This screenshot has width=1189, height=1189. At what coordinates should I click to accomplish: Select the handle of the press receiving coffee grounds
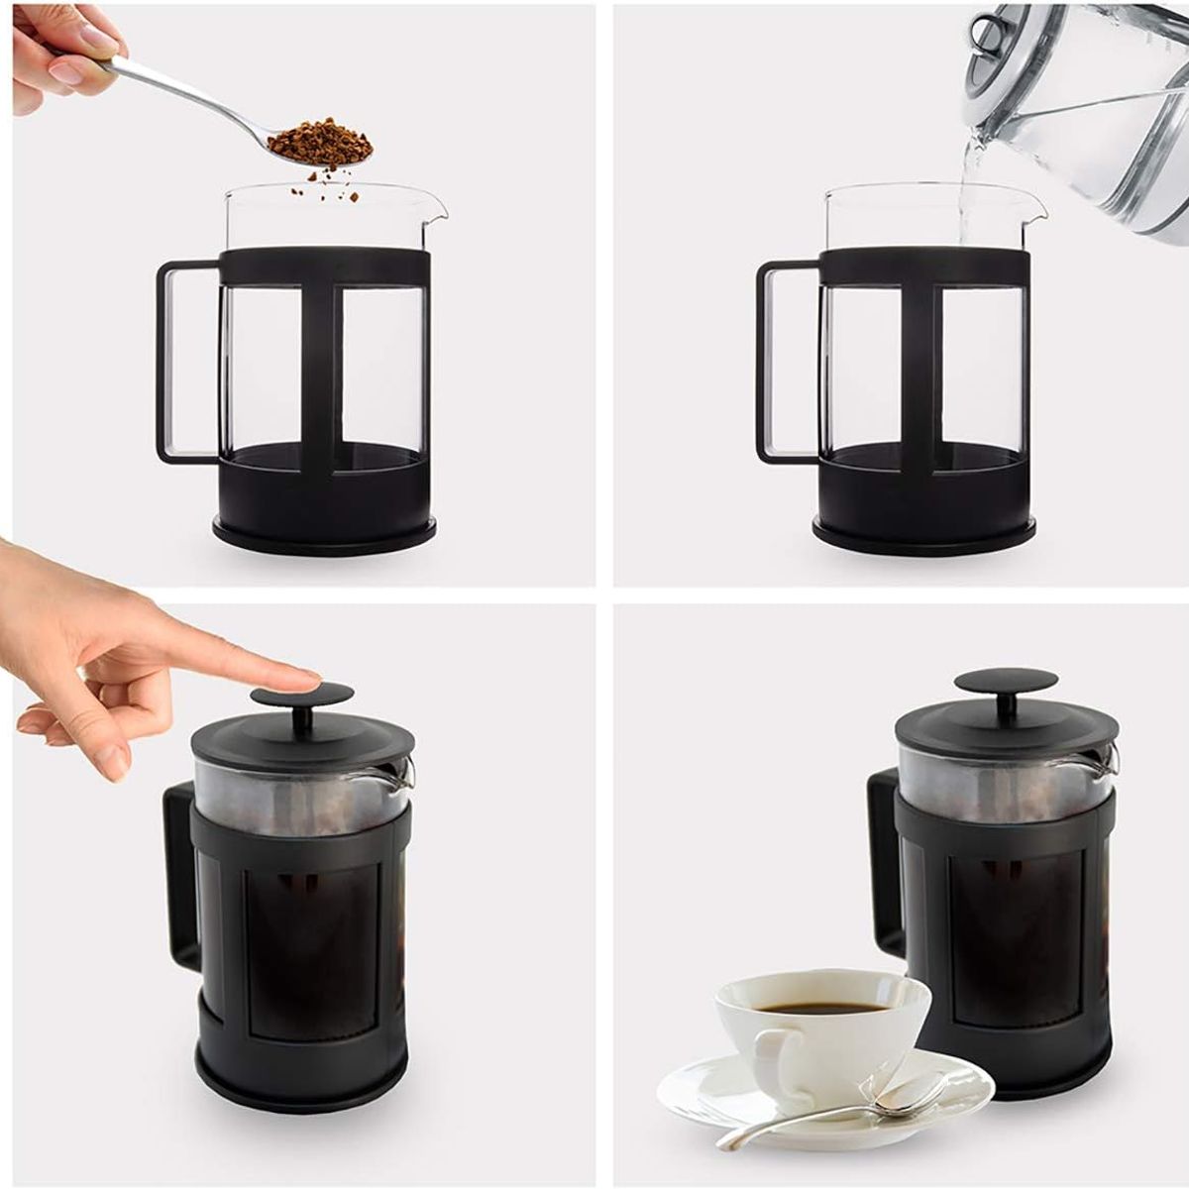[168, 362]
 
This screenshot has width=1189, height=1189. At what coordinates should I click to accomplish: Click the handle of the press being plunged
[178, 882]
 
